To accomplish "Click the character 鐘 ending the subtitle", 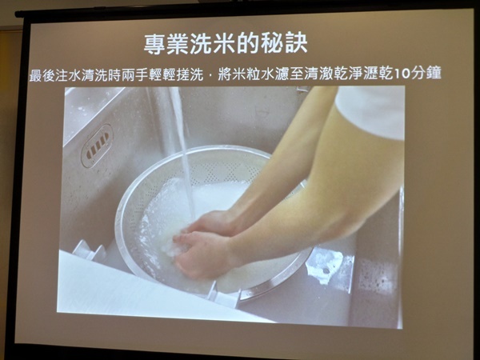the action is tap(434, 74).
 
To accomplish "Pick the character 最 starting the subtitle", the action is tap(36, 75).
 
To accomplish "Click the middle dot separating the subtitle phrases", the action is tap(210, 76).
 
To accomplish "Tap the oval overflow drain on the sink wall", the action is tap(97, 146).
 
